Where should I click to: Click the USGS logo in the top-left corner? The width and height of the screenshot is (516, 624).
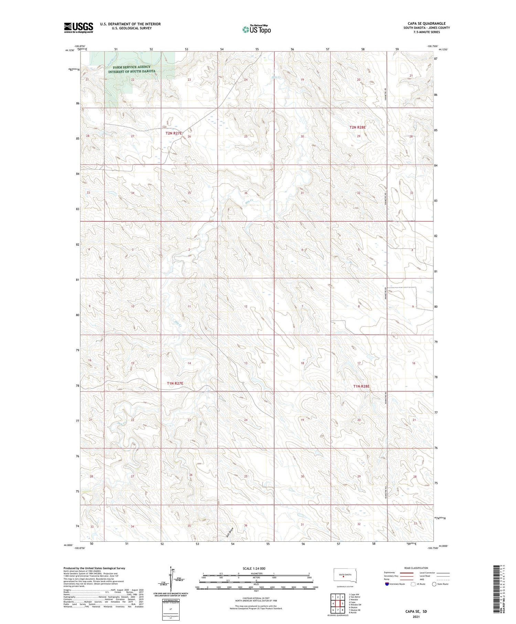coord(78,28)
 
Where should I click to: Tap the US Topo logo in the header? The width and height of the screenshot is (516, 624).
coord(257,29)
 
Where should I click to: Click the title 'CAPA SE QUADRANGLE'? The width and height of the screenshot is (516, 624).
coord(427,23)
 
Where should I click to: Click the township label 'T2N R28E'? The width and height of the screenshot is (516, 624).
coord(358,127)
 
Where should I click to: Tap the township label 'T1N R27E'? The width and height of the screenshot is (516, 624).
coord(175,383)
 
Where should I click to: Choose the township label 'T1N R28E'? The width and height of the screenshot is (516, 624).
coord(361,387)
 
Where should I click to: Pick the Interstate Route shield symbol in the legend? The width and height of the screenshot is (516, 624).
coord(387,584)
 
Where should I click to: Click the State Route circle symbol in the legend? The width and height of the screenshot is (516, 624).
coord(434,584)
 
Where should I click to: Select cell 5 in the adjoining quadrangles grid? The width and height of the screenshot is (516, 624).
coord(343,603)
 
